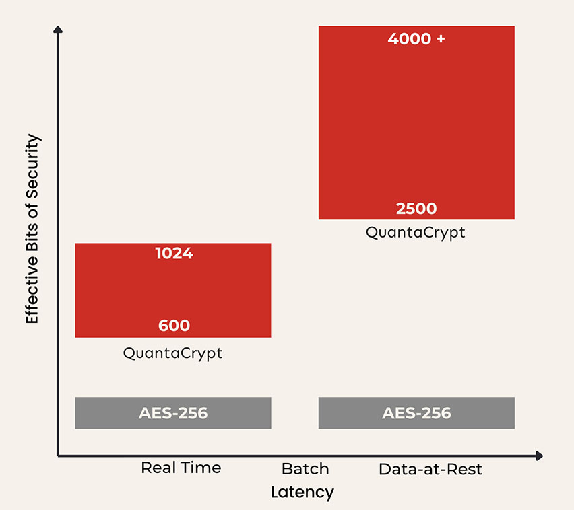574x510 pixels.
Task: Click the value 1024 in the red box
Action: (x=174, y=254)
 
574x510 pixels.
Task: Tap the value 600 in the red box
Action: (x=174, y=326)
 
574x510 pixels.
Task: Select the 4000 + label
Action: (x=416, y=39)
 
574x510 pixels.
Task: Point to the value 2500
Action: (x=416, y=209)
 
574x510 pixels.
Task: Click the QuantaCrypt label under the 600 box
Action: (x=172, y=353)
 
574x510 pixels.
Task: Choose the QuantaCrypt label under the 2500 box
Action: (x=416, y=233)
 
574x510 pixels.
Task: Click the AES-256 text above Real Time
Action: (x=173, y=413)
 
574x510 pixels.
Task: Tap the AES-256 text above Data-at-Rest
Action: (x=416, y=413)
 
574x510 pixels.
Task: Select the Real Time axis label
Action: (x=181, y=468)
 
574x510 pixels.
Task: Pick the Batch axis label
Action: (x=305, y=468)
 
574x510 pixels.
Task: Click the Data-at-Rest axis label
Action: (x=430, y=469)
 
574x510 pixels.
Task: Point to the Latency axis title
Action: (x=302, y=493)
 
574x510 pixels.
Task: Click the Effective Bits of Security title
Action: (x=33, y=229)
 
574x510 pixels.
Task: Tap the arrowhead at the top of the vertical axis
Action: (x=58, y=30)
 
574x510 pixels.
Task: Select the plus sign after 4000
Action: (x=441, y=39)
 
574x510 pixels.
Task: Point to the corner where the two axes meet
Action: (x=58, y=456)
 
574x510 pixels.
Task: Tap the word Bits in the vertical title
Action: (x=33, y=236)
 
